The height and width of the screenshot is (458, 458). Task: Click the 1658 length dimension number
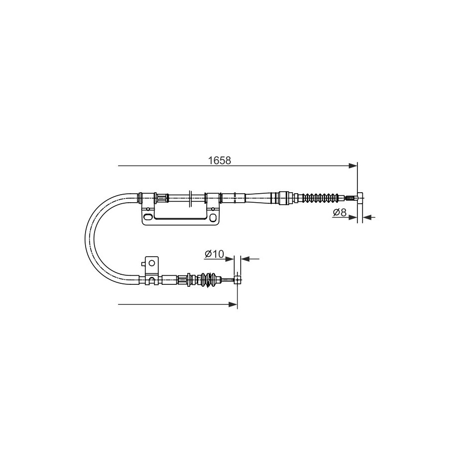(219, 160)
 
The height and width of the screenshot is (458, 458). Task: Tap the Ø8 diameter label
(339, 212)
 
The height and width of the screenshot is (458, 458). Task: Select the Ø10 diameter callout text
(214, 254)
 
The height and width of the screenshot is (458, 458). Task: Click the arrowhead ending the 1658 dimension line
(353, 166)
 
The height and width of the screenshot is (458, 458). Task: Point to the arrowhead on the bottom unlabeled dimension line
(233, 305)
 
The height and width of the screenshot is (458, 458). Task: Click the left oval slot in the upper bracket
(148, 217)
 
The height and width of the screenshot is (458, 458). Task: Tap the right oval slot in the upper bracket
(214, 218)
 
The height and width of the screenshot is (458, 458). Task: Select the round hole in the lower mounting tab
(151, 263)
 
